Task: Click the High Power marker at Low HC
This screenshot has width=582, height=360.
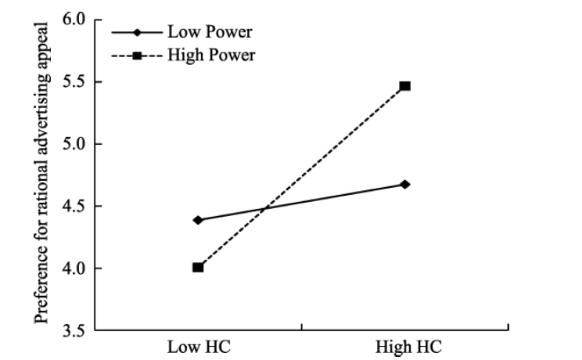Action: pyautogui.click(x=198, y=268)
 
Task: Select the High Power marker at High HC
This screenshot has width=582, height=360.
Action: pyautogui.click(x=405, y=86)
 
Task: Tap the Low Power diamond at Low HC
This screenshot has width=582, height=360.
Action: pyautogui.click(x=198, y=220)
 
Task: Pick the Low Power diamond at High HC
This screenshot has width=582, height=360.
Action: pyautogui.click(x=405, y=185)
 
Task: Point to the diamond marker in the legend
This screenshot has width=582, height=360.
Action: pyautogui.click(x=137, y=34)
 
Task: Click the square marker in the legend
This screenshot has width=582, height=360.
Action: pyautogui.click(x=137, y=56)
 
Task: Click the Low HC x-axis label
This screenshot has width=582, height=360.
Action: pyautogui.click(x=198, y=346)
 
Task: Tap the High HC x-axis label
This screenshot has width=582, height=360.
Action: pyautogui.click(x=405, y=346)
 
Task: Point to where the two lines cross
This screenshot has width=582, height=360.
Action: pyautogui.click(x=264, y=209)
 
